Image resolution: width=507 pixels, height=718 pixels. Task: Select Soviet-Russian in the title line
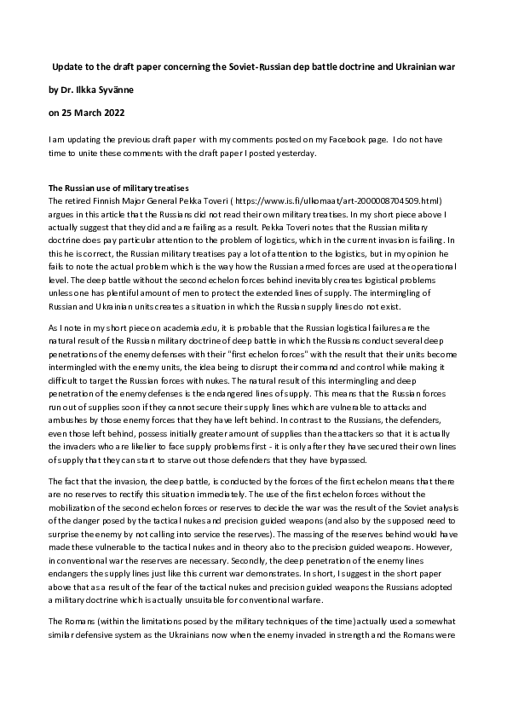(x=245, y=66)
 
